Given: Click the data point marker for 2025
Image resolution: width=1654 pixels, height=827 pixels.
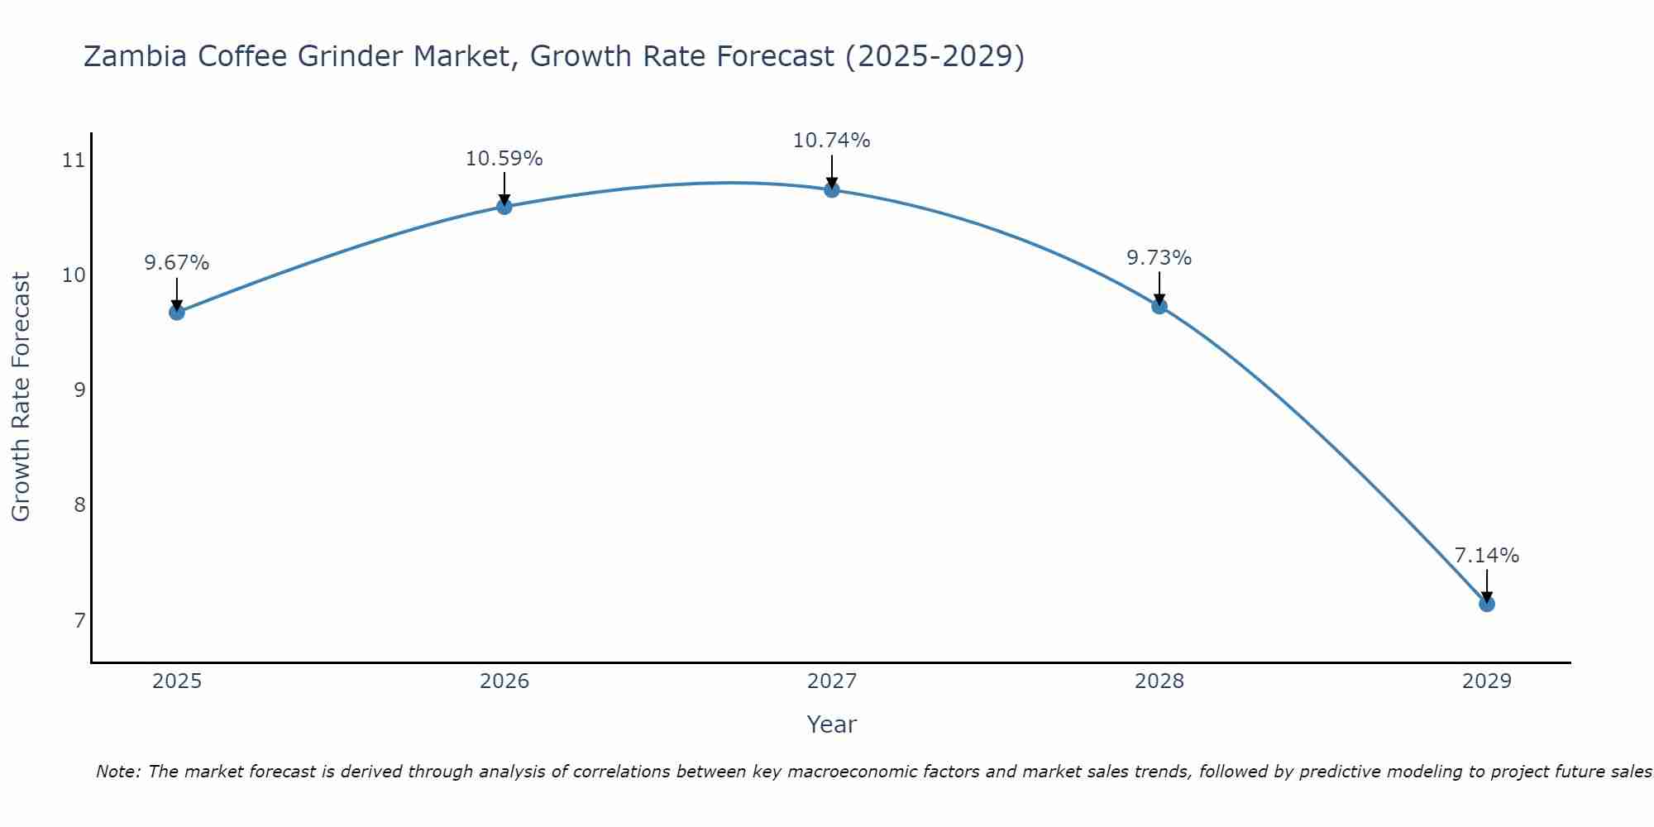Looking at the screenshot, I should point(176,312).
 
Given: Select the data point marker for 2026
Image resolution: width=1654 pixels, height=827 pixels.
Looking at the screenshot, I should point(504,206).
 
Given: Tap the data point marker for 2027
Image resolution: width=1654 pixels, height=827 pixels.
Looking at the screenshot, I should point(831,189).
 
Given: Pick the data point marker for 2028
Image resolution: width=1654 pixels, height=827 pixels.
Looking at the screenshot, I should point(1159,306).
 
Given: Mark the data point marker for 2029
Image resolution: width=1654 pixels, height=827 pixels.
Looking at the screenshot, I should point(1486,604).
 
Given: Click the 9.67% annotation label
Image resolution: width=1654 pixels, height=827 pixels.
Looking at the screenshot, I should point(176,263).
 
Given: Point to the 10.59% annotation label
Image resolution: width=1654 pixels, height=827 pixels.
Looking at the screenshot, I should point(504,158).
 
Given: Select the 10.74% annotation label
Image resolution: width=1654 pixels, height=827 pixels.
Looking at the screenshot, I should point(831,141).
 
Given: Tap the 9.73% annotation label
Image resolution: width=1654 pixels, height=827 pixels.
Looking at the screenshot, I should point(1159,258).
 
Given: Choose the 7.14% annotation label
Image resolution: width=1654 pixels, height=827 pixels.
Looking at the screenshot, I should point(1486,556).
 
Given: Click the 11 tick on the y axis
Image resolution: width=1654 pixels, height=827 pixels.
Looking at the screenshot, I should point(74,160).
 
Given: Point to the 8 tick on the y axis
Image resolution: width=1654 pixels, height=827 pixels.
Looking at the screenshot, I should point(79,504).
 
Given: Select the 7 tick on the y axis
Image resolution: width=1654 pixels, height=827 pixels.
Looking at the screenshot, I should point(79,619).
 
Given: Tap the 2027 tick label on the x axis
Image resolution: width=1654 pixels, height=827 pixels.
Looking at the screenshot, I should point(831,681).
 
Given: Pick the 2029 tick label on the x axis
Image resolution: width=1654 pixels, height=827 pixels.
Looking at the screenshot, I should point(1486,681).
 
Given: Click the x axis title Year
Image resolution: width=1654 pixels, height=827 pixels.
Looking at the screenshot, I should point(831,724).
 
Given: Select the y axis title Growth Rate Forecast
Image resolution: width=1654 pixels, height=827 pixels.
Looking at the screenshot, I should point(22,397).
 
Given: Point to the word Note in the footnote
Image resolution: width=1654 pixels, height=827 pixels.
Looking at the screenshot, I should point(119,772).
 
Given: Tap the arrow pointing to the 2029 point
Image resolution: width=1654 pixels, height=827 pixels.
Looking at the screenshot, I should point(1486,586).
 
